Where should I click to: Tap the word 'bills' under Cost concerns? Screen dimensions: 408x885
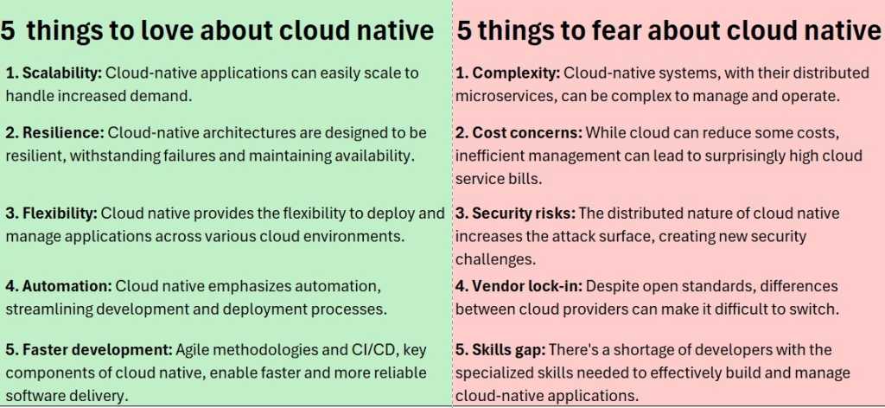tap(522, 178)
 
